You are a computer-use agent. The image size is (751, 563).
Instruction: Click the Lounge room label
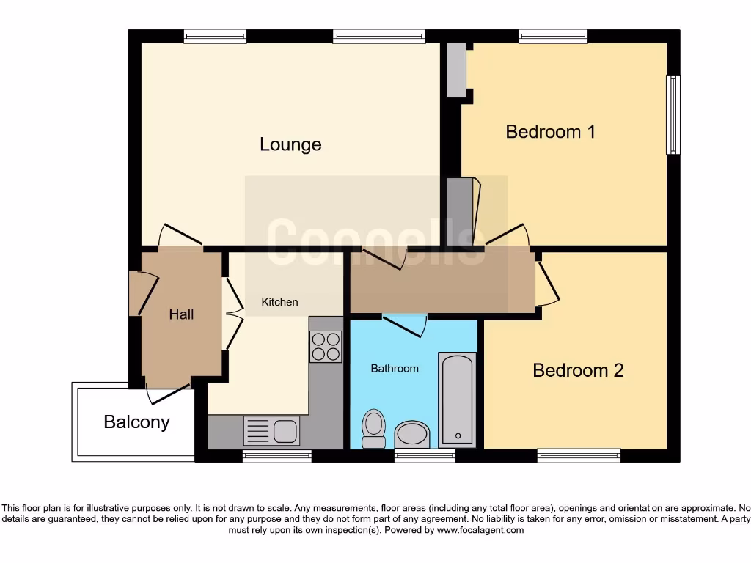(x=290, y=144)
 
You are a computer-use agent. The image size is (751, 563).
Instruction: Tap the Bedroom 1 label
(x=550, y=132)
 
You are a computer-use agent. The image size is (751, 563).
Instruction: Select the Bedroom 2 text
(x=578, y=370)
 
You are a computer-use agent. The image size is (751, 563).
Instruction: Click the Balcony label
(x=136, y=422)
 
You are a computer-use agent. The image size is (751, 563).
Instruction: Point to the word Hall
(x=181, y=314)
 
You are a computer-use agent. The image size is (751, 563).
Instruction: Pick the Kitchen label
(x=280, y=302)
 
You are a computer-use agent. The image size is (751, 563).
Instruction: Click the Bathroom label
(x=395, y=369)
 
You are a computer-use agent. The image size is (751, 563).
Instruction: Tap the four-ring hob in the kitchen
(x=326, y=347)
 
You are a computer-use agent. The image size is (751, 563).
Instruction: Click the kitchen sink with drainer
(x=271, y=430)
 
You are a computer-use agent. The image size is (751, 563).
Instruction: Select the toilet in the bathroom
(x=374, y=428)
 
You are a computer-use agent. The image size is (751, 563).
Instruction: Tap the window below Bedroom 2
(x=579, y=455)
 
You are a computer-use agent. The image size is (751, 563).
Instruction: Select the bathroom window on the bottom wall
(x=424, y=455)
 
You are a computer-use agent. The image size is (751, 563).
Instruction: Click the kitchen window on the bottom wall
(x=276, y=455)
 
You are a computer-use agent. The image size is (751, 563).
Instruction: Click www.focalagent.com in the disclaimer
(x=480, y=530)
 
